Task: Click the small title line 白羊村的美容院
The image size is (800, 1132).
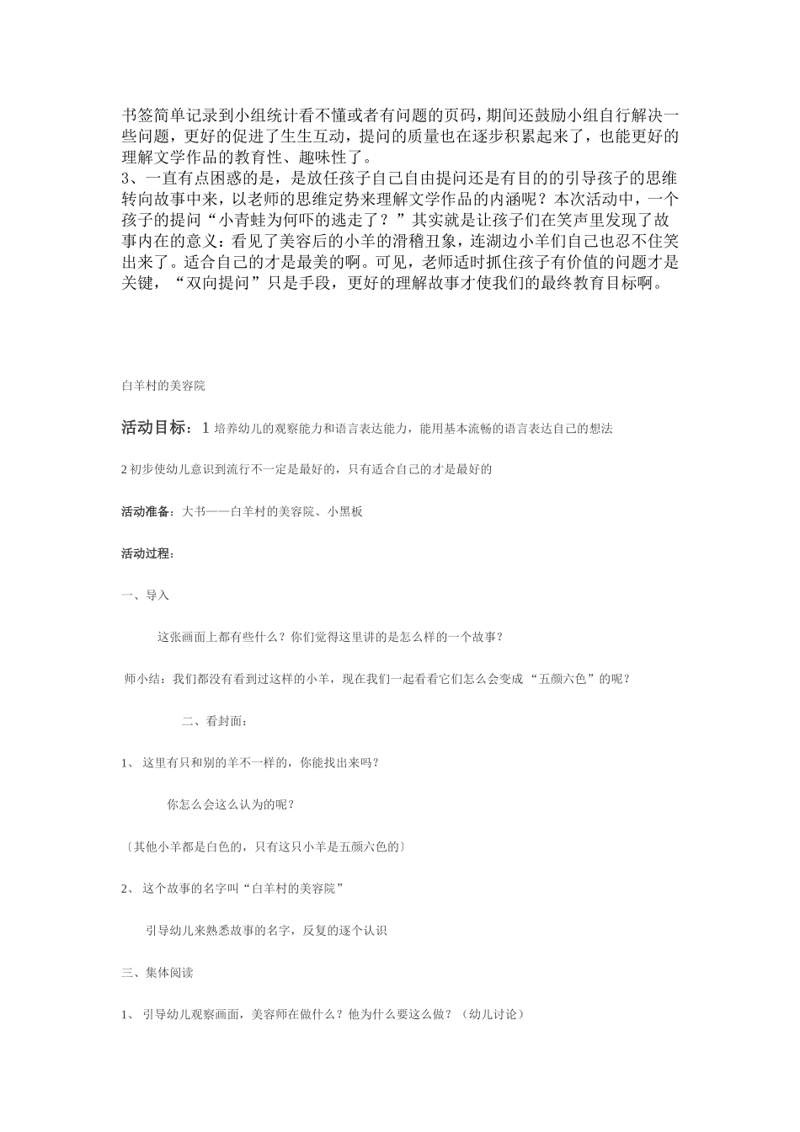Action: click(163, 386)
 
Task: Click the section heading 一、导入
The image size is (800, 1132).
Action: click(146, 595)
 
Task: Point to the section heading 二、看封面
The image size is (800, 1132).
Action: click(214, 721)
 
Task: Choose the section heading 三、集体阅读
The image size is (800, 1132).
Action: click(157, 973)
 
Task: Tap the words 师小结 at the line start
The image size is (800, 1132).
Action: click(141, 679)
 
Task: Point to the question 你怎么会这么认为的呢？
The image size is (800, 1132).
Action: click(231, 804)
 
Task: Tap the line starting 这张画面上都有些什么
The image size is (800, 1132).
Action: click(330, 637)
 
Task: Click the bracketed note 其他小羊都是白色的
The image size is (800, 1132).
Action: click(263, 846)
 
